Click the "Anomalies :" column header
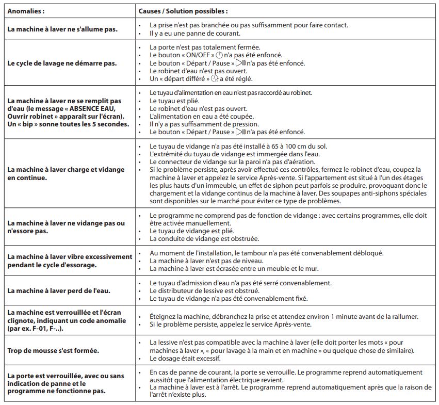(x=26, y=10)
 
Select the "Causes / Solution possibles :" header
(x=183, y=10)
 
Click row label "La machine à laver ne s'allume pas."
(x=62, y=29)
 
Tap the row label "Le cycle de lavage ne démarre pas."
(x=61, y=63)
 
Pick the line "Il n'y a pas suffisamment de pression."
(x=204, y=124)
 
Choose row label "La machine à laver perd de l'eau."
(x=58, y=290)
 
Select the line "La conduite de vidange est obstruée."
(x=204, y=239)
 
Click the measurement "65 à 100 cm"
(x=291, y=147)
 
